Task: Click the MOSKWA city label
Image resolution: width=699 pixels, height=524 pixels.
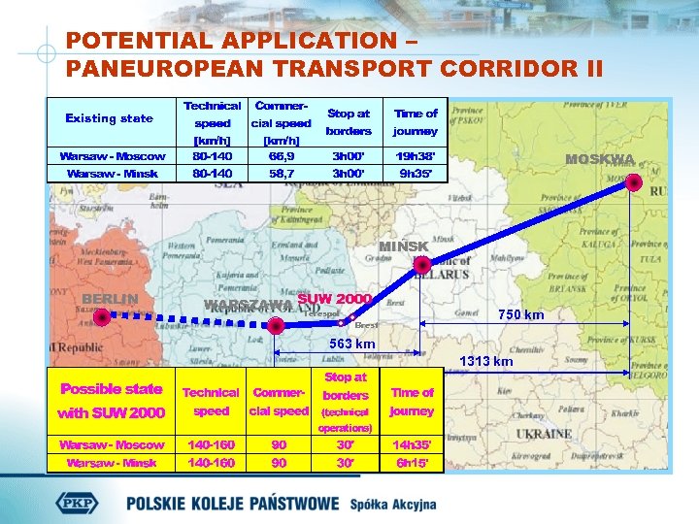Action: (x=600, y=160)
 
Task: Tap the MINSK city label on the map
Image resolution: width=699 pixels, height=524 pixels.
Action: (x=403, y=246)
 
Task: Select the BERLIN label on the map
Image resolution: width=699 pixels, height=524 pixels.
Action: (x=110, y=299)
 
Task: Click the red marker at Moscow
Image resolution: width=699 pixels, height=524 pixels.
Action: (x=634, y=182)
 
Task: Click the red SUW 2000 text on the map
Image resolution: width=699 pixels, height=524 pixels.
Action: (x=335, y=299)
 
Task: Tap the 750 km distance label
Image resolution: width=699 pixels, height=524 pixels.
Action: (x=520, y=314)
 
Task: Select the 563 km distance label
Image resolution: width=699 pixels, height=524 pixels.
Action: (x=352, y=344)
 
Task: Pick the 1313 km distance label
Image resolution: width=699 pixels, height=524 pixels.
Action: (x=486, y=361)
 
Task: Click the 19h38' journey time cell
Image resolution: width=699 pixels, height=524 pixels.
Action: (x=415, y=155)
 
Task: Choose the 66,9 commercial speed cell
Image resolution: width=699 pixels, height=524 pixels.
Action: (x=281, y=155)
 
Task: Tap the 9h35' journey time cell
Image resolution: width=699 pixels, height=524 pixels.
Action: (x=415, y=173)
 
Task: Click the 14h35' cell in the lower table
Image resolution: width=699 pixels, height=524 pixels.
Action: (x=412, y=444)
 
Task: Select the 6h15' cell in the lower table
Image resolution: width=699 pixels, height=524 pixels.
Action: (x=412, y=462)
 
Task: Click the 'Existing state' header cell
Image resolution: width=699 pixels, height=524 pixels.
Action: (x=109, y=118)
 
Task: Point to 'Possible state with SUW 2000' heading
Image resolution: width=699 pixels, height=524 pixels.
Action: (x=111, y=400)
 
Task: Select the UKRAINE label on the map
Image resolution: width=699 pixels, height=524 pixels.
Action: (x=544, y=434)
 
